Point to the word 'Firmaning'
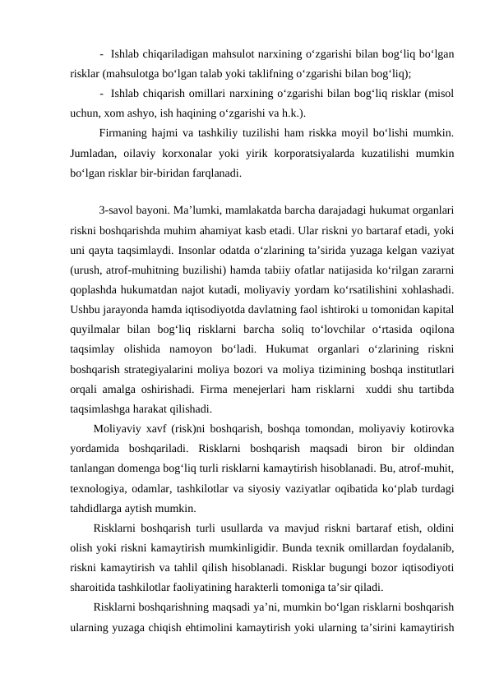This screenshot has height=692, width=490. (123, 134)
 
